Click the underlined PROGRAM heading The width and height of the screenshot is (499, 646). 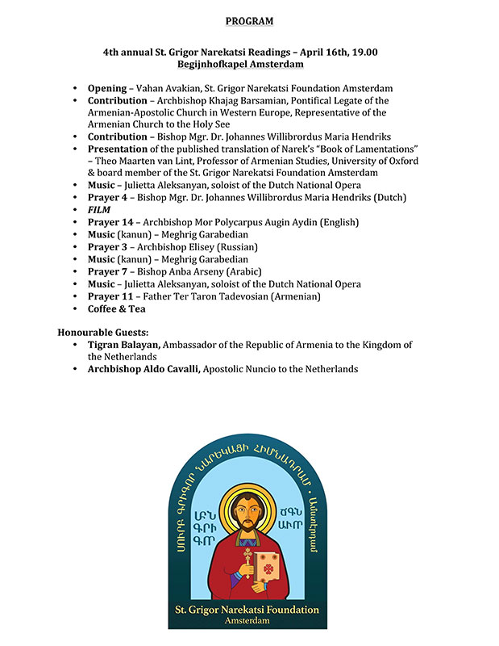249,20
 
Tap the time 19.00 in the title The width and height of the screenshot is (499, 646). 364,52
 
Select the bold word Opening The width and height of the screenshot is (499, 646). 107,88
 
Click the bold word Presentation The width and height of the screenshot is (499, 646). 118,149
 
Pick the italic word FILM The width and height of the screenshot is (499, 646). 98,209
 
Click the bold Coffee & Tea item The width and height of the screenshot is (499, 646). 117,308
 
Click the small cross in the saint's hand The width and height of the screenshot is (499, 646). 236,557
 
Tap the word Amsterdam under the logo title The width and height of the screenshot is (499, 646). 248,622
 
